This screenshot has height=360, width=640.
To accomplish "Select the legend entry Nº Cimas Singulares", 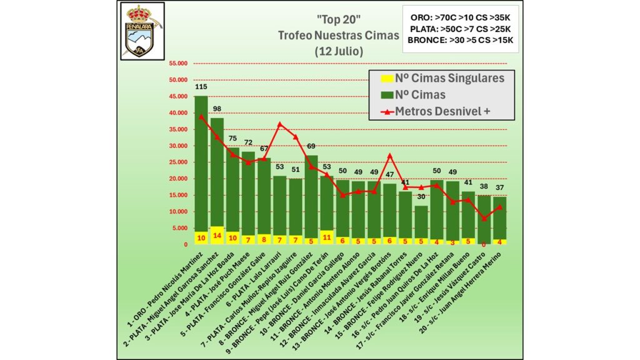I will pyautogui.click(x=442, y=78).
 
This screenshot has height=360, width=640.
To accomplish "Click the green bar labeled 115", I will pyautogui.click(x=201, y=162).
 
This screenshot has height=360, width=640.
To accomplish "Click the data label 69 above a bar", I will pyautogui.click(x=311, y=146).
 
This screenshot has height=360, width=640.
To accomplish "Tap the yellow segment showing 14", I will pyautogui.click(x=217, y=237).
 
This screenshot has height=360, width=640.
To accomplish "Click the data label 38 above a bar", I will pyautogui.click(x=484, y=186).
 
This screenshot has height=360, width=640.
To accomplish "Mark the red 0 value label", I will pyautogui.click(x=484, y=244).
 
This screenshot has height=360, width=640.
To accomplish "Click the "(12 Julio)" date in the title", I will pyautogui.click(x=338, y=52).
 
